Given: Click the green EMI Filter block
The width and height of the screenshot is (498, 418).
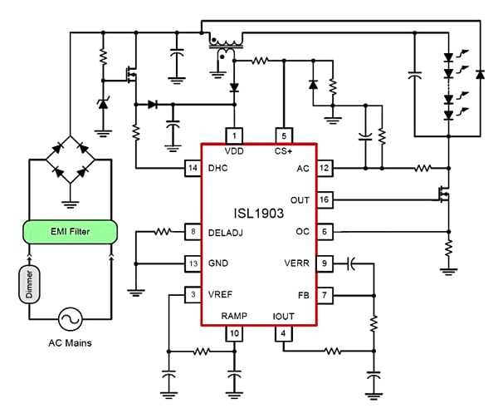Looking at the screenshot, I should (71, 232).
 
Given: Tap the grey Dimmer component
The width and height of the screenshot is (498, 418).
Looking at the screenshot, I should (30, 284).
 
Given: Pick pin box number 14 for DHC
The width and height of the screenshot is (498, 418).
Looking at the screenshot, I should (192, 168).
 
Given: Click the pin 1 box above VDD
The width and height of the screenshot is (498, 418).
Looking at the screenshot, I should (234, 135).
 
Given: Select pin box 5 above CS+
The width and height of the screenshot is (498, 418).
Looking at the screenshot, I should (283, 135).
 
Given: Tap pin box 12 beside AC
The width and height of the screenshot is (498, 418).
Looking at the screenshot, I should (324, 168).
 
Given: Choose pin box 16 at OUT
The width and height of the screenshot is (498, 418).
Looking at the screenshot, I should (324, 200).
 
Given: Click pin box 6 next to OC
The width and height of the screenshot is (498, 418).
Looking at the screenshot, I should (324, 232).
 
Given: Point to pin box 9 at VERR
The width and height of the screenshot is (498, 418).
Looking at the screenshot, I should (324, 263).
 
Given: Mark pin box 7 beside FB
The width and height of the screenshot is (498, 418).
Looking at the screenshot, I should (324, 294).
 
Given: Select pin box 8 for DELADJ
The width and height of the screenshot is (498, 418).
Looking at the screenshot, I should (192, 232).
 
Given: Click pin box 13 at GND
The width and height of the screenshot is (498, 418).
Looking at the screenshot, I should (192, 263).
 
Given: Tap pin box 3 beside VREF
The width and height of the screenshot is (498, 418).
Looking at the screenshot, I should (192, 294).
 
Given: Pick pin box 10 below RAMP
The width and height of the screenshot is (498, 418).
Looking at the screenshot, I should (234, 333).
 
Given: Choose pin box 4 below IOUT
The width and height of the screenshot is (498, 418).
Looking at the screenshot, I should (283, 333).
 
